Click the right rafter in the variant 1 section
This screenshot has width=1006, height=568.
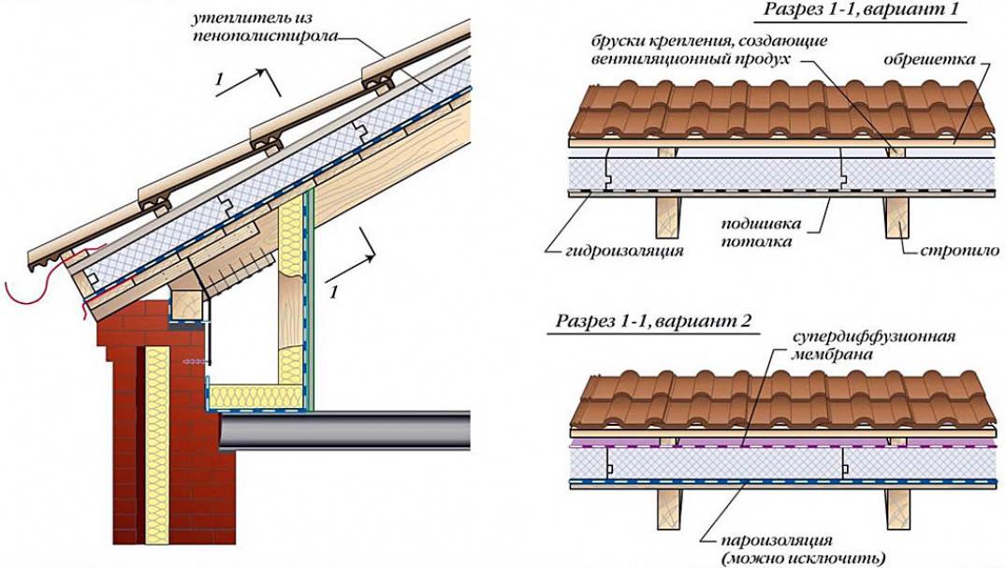tap(894, 230)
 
